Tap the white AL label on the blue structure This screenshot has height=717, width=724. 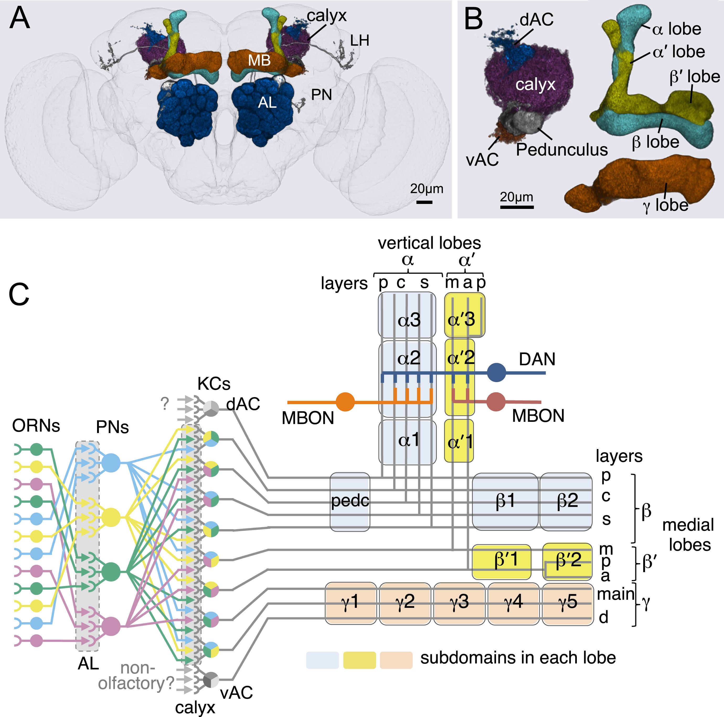tap(267, 102)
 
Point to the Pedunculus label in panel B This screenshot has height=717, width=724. tap(561, 150)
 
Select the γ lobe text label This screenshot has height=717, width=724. tap(666, 205)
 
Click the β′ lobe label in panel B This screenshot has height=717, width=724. tap(694, 77)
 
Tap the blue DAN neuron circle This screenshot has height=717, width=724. tap(497, 373)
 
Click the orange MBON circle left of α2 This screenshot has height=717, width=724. tap(345, 402)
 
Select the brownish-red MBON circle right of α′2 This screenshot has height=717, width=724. tap(496, 402)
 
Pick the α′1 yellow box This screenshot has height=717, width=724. tap(459, 441)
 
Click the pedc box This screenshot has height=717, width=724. tap(350, 501)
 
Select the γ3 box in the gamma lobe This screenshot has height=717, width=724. tap(459, 603)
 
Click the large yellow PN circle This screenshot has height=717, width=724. tap(111, 518)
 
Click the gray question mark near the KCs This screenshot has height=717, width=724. tap(164, 403)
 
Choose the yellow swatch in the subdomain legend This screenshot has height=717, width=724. tap(359, 660)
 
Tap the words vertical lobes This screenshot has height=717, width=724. tap(429, 243)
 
